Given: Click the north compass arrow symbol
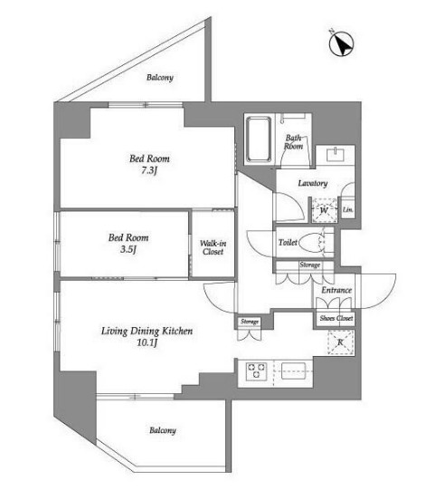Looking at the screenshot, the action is [x=341, y=43].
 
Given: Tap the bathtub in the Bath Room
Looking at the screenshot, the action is [x=259, y=139].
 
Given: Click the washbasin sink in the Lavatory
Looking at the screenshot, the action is [x=336, y=155].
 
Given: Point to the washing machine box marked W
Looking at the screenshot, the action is [x=325, y=210].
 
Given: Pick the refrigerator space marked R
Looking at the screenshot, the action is [x=341, y=342].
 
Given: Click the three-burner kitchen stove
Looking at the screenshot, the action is [x=257, y=371].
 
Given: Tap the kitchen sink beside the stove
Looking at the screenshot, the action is [x=293, y=370].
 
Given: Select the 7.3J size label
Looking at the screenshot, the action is [x=149, y=170].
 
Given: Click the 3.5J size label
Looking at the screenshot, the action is [x=128, y=250].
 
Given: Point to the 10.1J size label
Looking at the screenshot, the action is [x=147, y=342].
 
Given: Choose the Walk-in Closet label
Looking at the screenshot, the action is [x=213, y=247].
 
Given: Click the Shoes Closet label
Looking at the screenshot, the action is [x=337, y=318].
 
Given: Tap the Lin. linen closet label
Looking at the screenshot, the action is [x=347, y=210].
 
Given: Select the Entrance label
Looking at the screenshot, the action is [x=337, y=290].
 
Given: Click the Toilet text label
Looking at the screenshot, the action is [x=288, y=242].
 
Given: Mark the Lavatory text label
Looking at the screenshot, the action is [x=313, y=183].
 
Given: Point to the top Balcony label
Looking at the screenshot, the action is [x=160, y=77].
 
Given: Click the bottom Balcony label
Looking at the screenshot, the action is [x=162, y=430].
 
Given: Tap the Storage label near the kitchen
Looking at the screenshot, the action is [x=250, y=322].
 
